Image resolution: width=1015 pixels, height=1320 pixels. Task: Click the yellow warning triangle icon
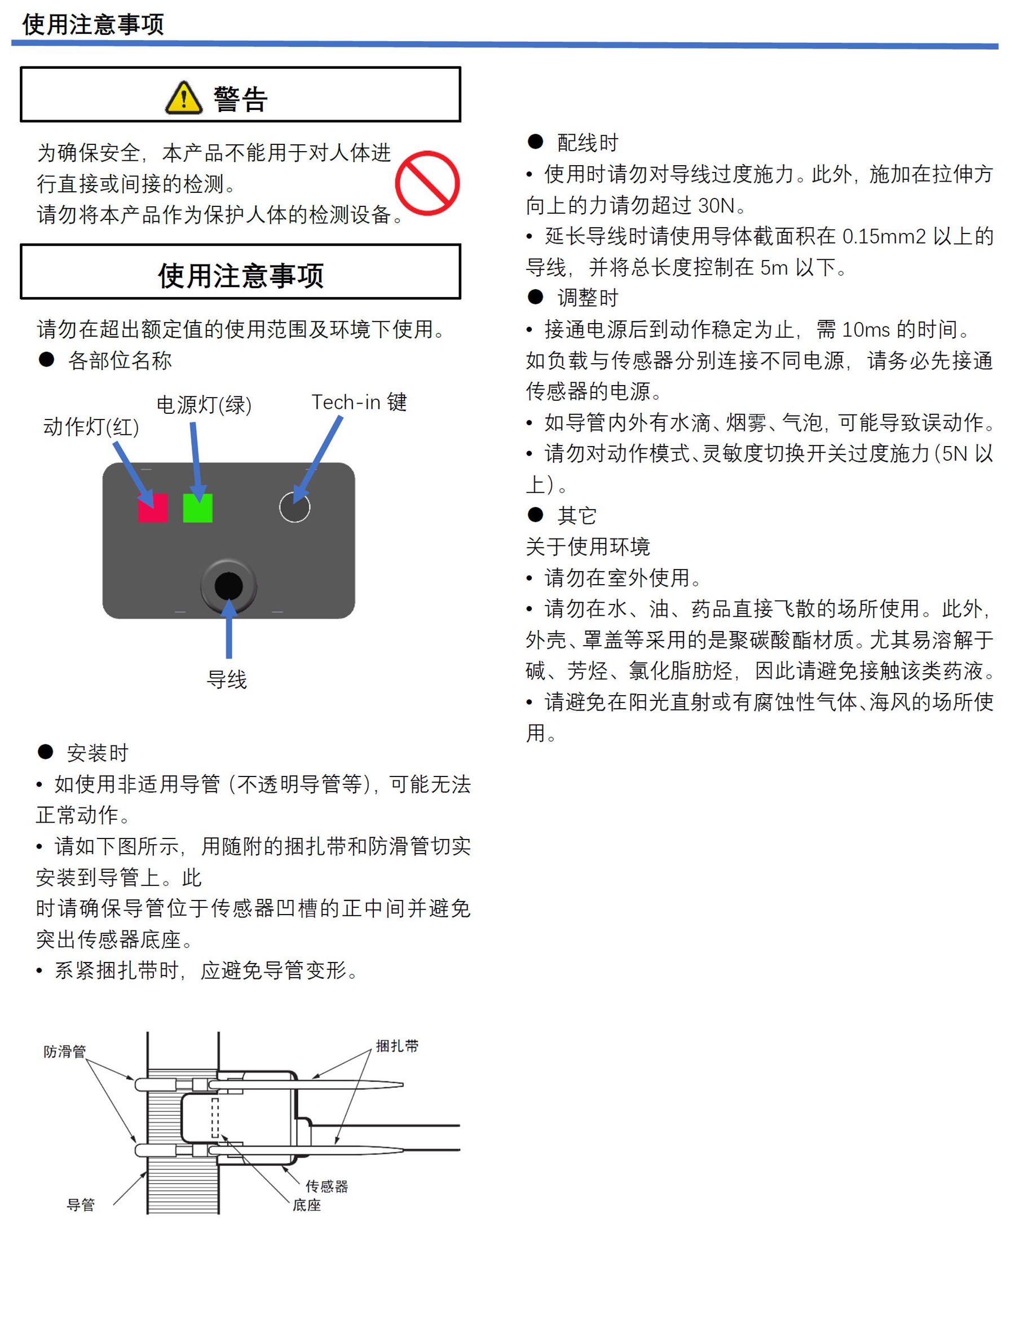[184, 98]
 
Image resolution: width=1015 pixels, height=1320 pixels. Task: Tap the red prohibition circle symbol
[427, 183]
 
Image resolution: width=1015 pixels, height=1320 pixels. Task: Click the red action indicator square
[153, 507]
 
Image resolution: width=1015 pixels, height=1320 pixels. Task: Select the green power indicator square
[197, 507]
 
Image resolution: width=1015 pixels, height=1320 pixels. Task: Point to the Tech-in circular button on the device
[295, 507]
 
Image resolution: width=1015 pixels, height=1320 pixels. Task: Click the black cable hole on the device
[228, 585]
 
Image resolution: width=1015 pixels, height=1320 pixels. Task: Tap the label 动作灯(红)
[91, 427]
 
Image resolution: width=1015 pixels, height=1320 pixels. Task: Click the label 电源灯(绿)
[204, 405]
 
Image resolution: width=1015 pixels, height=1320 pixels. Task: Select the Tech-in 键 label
[359, 401]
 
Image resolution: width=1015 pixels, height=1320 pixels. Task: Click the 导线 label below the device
[227, 679]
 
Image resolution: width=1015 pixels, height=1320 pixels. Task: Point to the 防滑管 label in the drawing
[65, 1052]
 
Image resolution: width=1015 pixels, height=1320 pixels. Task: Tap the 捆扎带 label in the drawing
[397, 1046]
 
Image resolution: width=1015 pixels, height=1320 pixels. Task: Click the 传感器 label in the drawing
[327, 1186]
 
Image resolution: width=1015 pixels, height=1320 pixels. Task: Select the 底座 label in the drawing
[307, 1205]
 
